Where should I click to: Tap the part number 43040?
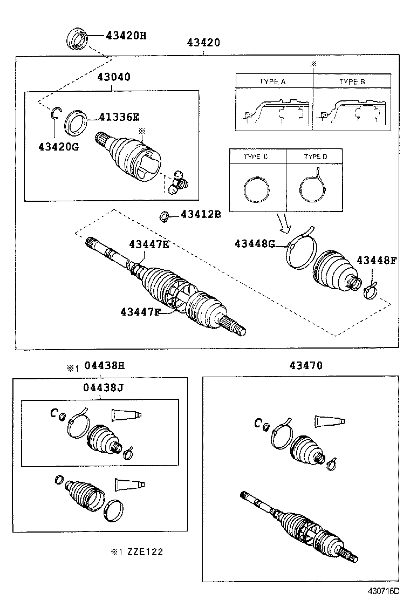point(113,77)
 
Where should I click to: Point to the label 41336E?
point(119,116)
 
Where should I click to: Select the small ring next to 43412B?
point(162,217)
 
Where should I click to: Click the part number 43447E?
point(149,244)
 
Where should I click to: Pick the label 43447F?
point(140,311)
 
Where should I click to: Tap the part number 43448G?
point(255,244)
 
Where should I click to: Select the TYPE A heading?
point(272,81)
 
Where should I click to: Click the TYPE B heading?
point(352,81)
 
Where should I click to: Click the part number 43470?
point(305,366)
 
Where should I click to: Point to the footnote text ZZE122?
point(144,551)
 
